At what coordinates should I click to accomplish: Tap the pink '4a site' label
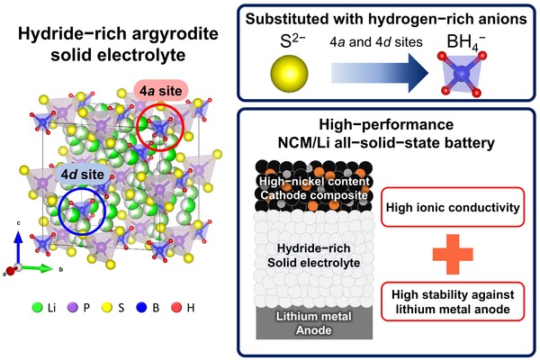click(160, 92)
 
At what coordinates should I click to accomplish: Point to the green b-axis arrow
click(31, 268)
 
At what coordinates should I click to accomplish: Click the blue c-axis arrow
click(14, 247)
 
